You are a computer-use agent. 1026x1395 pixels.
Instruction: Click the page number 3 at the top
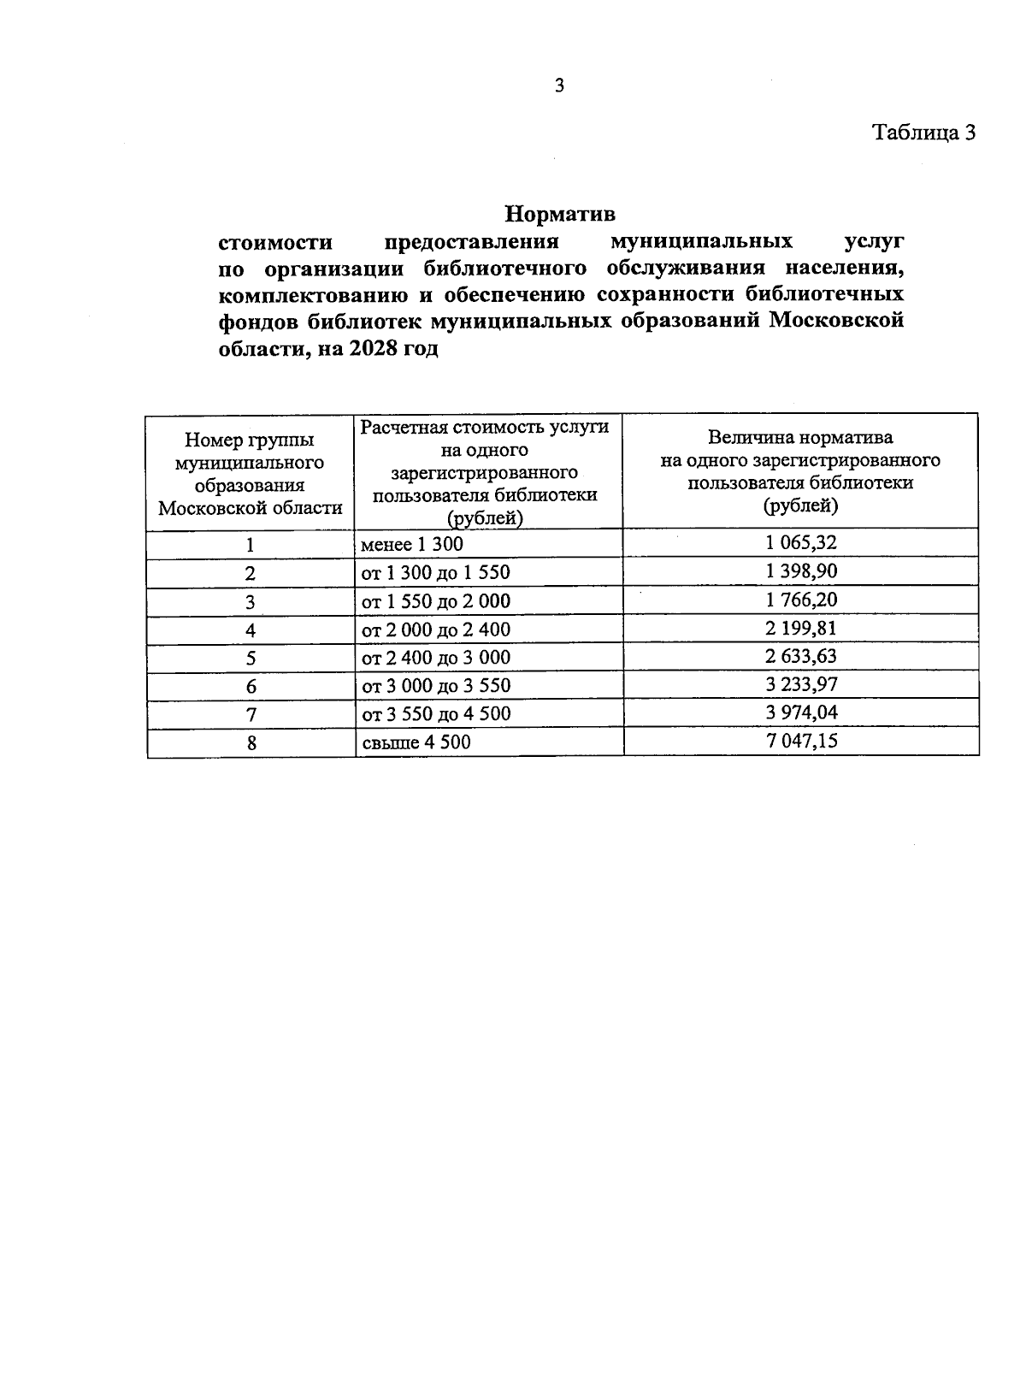pos(559,86)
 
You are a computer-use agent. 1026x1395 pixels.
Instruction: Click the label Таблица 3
pos(923,133)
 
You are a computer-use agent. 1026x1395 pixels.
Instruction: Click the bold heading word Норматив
pos(560,212)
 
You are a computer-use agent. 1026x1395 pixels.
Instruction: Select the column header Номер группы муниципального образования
pos(250,474)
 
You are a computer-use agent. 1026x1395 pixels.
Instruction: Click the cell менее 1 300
pos(412,545)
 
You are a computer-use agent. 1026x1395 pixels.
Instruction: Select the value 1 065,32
pos(801,542)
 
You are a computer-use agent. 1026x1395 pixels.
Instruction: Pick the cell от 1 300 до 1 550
pos(436,573)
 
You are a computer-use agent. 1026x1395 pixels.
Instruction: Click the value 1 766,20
pos(801,600)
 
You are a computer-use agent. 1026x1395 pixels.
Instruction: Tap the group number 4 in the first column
pos(251,630)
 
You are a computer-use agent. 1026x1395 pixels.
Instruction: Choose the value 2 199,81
pos(801,629)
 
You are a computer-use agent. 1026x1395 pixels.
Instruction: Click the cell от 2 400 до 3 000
pos(436,658)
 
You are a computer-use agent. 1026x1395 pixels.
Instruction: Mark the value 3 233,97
pos(801,684)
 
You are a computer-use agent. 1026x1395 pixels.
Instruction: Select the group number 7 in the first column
pos(251,715)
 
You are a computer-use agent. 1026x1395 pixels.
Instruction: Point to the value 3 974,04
pos(801,712)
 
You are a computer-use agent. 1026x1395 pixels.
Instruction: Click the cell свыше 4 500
pos(416,742)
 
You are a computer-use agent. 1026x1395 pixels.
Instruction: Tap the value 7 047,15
pos(801,741)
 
